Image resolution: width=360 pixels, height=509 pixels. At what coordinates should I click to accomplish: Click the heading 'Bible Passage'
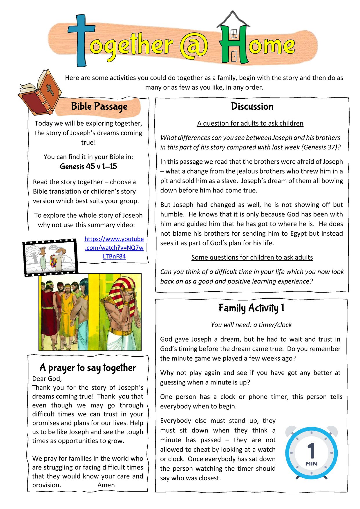click(99, 107)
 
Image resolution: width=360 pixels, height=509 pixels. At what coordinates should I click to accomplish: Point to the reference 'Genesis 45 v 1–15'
click(88, 166)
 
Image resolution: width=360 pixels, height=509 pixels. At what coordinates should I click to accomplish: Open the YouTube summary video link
click(114, 248)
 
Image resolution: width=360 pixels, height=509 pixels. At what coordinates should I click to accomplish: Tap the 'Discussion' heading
click(252, 107)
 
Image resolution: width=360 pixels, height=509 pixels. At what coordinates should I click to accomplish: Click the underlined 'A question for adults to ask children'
click(250, 123)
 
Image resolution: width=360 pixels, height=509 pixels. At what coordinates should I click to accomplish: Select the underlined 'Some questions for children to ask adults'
click(252, 257)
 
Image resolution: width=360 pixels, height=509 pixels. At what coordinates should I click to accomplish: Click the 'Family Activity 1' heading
click(252, 308)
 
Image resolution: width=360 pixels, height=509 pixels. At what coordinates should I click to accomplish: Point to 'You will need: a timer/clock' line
click(251, 325)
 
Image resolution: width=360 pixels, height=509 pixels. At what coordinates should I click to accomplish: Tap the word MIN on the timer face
click(311, 463)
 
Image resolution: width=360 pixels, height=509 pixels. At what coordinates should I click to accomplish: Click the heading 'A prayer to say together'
click(88, 368)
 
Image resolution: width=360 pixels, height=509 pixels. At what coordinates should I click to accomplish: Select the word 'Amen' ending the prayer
click(106, 485)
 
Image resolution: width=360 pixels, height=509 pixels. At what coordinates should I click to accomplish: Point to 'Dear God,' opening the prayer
click(47, 379)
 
